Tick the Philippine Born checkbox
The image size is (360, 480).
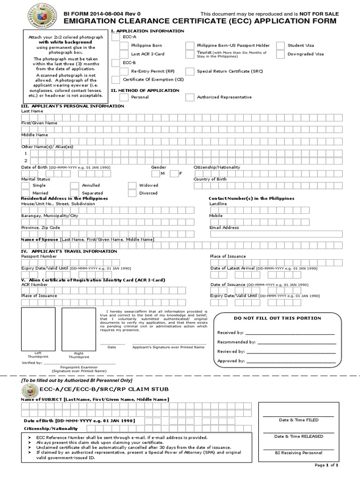tap(124, 45)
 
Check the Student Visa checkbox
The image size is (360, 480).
tap(280, 45)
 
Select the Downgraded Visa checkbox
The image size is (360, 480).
tap(280, 54)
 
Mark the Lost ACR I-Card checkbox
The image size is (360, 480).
tap(124, 54)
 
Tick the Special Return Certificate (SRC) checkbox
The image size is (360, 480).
tap(189, 71)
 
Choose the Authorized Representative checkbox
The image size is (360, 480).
tap(189, 97)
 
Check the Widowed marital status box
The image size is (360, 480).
tap(132, 185)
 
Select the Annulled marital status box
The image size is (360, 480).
tap(75, 185)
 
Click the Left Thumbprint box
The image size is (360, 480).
tap(38, 329)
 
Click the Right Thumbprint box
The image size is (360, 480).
tap(78, 329)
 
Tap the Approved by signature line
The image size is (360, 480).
tap(291, 361)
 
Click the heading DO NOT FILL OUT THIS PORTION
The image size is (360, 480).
tap(277, 318)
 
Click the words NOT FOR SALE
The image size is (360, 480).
tap(319, 14)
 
